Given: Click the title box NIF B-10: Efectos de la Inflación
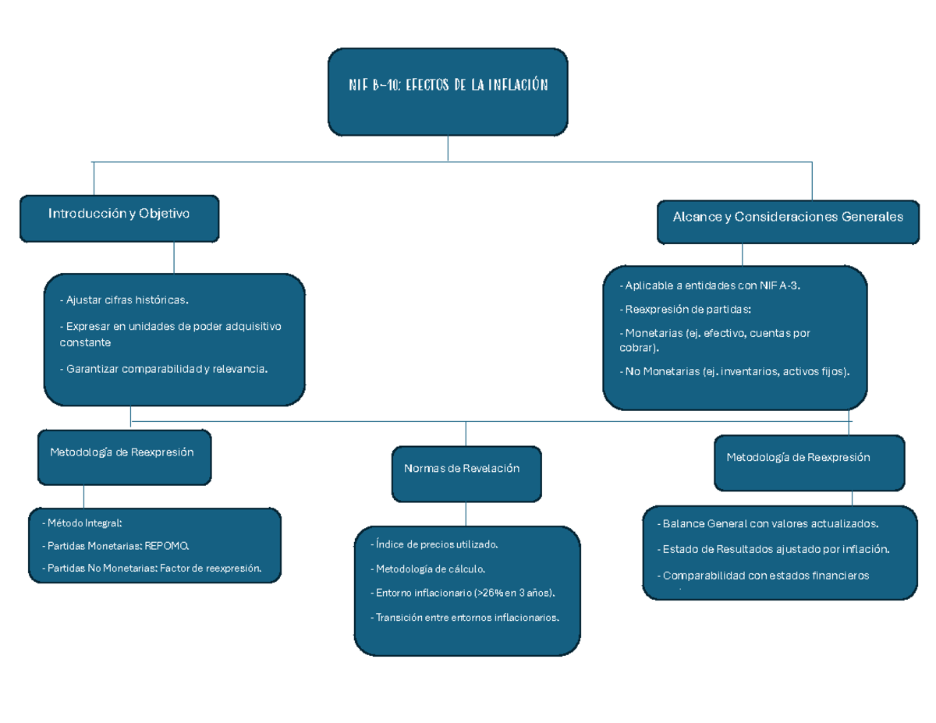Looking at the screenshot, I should pos(448,91).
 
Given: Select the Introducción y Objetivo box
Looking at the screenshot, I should pos(119,218).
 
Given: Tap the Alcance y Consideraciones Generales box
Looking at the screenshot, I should pos(788,221).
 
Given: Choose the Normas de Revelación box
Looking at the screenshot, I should pos(466,473).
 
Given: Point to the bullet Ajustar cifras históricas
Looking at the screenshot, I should pos(125,299).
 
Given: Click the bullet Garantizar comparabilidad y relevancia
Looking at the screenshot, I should pos(164,369).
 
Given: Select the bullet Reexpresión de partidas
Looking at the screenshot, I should pos(686,309).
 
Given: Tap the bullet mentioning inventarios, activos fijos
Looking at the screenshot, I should pos(734,372).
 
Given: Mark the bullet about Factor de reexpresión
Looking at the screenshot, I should pos(151,569).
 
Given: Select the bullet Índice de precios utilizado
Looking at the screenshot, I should pos(434,544).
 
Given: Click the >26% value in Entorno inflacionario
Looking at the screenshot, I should pos(487,593).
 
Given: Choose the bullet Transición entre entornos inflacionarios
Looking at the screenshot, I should pos(465,617).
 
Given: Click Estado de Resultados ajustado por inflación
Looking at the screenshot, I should pos(773,549).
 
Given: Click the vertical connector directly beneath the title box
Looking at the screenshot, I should pos(448,148).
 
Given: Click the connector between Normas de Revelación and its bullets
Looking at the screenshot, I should pos(466,513).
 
